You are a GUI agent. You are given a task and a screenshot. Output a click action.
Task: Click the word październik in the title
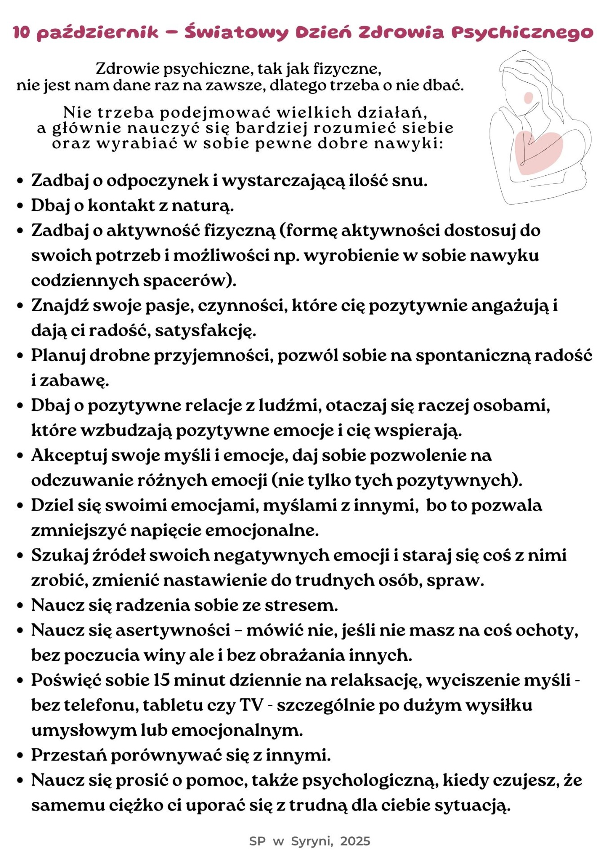click(x=98, y=33)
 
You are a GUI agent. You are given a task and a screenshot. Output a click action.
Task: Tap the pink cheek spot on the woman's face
click(x=529, y=98)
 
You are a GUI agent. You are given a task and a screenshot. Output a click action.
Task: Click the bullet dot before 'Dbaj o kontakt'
click(x=20, y=206)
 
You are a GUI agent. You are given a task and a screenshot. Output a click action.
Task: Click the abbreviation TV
click(x=251, y=705)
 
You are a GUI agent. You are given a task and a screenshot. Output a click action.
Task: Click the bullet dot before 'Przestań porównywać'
click(x=20, y=756)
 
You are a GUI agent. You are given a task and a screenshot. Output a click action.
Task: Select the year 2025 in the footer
click(x=355, y=841)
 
